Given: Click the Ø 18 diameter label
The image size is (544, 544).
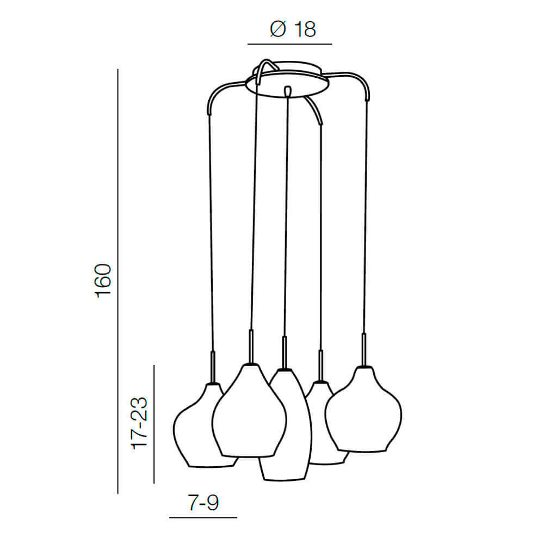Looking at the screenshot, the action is tap(293, 29).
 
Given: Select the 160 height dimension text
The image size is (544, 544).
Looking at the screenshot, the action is tap(103, 281).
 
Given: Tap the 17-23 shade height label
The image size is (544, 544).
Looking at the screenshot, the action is tap(139, 423).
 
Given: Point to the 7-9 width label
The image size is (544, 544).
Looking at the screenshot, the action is tap(203, 502).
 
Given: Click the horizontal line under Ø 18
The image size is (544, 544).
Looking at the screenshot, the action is tap(290, 44).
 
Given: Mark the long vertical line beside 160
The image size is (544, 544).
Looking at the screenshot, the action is tap(118, 281).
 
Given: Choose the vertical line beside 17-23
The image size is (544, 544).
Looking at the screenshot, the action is tap(154, 424).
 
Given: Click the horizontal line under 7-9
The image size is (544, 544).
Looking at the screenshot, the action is tap(203, 518).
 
